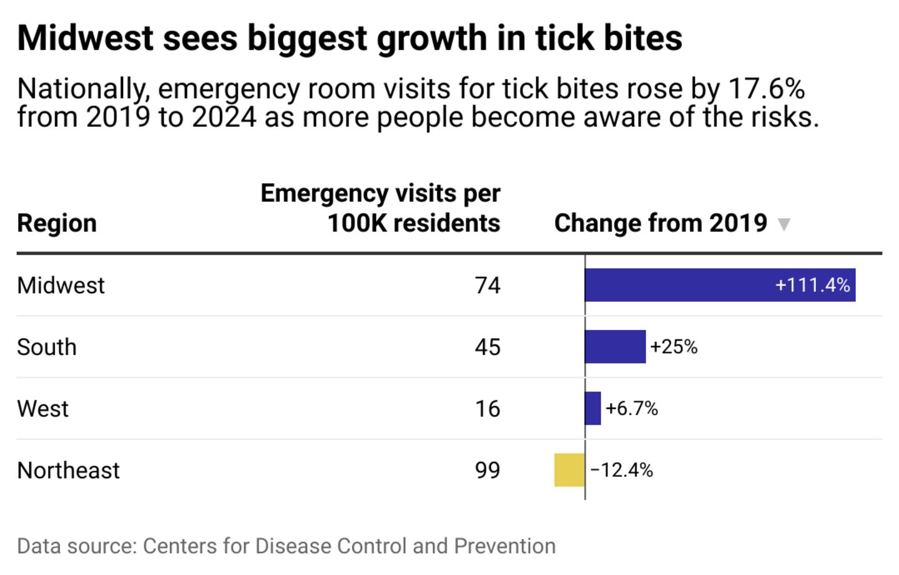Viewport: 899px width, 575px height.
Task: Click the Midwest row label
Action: click(x=61, y=286)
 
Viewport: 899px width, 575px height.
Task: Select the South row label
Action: click(x=47, y=347)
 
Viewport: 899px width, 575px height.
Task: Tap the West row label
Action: click(x=42, y=409)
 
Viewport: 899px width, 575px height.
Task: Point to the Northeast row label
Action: click(x=68, y=470)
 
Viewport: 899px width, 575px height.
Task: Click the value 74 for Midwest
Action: click(x=488, y=286)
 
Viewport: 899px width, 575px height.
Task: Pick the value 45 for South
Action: click(x=488, y=347)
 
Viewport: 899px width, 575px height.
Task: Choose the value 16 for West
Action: click(x=488, y=409)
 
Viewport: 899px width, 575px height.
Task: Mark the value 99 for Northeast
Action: click(x=488, y=470)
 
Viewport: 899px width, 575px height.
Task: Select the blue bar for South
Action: click(x=615, y=347)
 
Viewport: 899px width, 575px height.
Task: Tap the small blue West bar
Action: click(x=593, y=409)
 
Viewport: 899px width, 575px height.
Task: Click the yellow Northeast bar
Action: click(x=569, y=470)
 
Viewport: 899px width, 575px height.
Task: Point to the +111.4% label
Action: click(x=812, y=285)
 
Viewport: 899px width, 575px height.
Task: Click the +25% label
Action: click(x=674, y=347)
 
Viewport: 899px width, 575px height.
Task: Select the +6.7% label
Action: click(x=632, y=409)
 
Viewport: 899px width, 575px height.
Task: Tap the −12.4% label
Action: click(x=622, y=470)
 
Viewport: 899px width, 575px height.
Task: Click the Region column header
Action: click(x=57, y=223)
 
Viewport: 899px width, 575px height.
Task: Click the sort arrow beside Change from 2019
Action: click(x=784, y=224)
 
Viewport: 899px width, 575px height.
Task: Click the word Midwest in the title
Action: click(x=85, y=37)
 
